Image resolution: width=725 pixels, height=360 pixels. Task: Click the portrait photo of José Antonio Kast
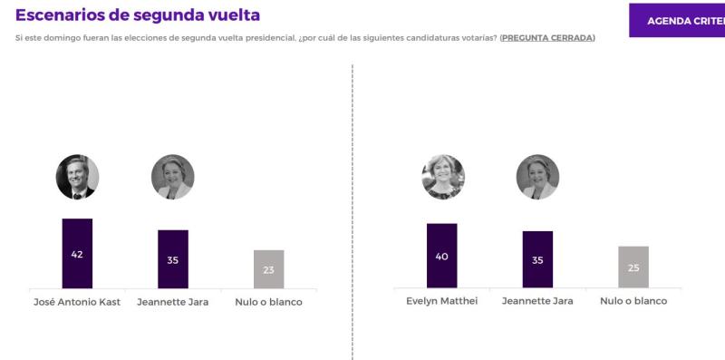77,177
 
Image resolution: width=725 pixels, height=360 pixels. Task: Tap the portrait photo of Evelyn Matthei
442,177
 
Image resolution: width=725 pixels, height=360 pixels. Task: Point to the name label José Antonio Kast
77,302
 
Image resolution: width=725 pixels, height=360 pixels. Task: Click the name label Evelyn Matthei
441,301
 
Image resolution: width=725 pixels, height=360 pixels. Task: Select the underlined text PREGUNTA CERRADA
546,37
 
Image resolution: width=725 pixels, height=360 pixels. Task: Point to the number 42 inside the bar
77,254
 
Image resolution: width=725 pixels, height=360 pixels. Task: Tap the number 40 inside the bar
441,257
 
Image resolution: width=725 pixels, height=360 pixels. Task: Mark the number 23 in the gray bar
268,269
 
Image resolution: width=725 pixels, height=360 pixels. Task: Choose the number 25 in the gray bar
633,268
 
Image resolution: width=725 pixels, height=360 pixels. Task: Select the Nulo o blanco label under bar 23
268,302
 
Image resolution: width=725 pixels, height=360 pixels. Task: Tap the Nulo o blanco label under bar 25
633,301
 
